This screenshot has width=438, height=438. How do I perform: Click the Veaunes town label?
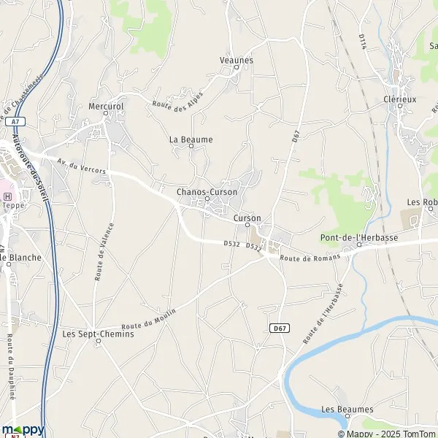pyautogui.click(x=236, y=60)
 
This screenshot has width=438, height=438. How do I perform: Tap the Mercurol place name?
pyautogui.click(x=107, y=104)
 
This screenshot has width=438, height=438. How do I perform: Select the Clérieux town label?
pyautogui.click(x=399, y=100)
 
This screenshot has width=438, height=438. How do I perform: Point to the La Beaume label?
pyautogui.click(x=191, y=139)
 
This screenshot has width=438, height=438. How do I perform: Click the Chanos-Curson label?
pyautogui.click(x=207, y=192)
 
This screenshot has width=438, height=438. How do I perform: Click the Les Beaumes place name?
pyautogui.click(x=347, y=410)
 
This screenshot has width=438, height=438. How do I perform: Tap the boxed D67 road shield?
pyautogui.click(x=277, y=328)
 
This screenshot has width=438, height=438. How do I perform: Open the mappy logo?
pyautogui.click(x=23, y=429)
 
